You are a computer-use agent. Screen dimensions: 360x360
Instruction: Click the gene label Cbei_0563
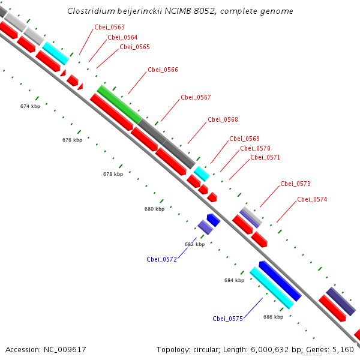109,27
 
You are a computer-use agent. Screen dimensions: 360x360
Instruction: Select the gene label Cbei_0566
163,70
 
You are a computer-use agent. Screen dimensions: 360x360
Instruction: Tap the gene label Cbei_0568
223,119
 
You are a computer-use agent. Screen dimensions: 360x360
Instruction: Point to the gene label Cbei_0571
265,157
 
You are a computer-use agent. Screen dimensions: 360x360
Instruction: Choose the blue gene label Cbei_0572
161,259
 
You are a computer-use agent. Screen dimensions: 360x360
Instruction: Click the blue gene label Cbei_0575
227,319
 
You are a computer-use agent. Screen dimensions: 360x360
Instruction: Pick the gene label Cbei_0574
312,199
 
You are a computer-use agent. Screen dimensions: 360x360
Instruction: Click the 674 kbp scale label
30,106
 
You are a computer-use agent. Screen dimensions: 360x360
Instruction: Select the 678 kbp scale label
113,174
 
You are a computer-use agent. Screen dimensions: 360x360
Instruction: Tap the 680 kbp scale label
154,209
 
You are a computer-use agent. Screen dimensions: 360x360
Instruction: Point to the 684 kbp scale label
234,280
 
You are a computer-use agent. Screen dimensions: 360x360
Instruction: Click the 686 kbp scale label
273,316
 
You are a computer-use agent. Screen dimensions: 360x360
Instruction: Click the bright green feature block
119,103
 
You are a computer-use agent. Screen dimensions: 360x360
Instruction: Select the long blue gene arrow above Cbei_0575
280,281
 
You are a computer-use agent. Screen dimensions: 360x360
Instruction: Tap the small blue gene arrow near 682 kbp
214,220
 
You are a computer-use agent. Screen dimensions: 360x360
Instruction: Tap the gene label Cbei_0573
295,184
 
